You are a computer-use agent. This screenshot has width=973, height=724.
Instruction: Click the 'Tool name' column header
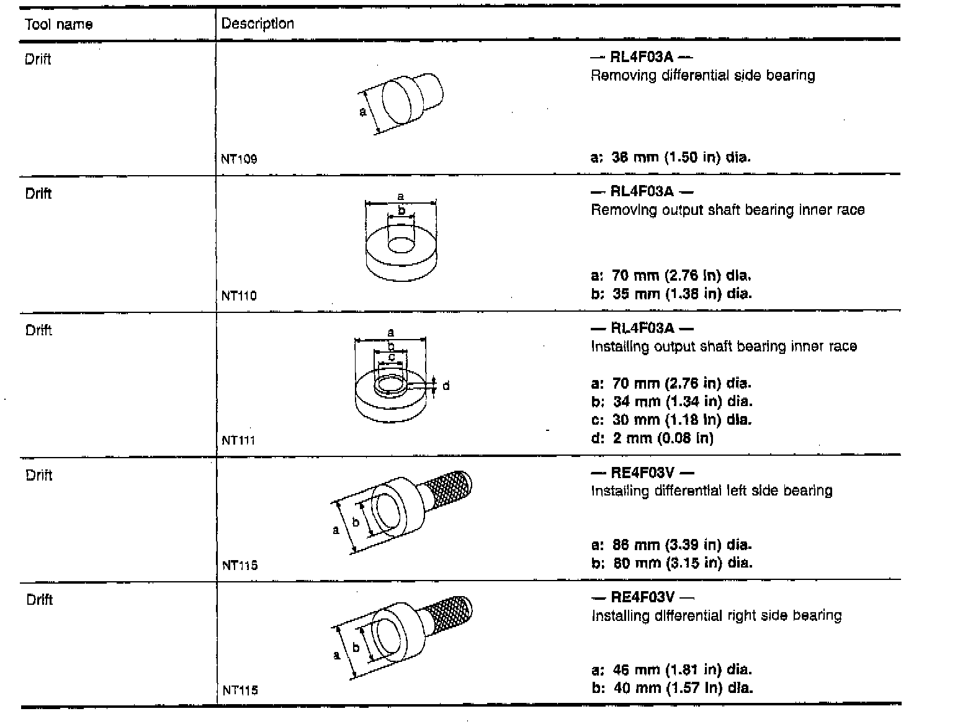point(59,24)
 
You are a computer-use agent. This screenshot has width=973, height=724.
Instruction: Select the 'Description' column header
point(258,24)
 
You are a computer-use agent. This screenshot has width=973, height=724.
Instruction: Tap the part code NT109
point(239,158)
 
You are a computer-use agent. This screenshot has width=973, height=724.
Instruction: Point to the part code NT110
point(239,296)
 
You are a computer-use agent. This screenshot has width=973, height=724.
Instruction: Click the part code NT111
point(239,440)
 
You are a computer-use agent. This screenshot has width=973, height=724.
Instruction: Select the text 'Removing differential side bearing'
point(703,76)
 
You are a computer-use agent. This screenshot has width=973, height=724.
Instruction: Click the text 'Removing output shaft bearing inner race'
point(728,210)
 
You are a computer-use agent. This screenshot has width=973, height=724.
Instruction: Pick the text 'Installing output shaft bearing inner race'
point(724,346)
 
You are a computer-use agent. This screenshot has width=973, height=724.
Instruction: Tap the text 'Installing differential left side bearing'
point(712,491)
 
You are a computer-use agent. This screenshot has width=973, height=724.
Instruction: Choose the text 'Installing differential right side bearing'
point(717,615)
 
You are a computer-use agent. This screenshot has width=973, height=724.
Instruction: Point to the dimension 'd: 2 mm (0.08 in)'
point(652,438)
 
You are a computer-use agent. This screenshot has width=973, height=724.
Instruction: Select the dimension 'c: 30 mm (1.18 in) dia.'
point(671,420)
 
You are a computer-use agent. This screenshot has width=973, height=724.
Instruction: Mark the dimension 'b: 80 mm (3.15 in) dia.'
point(671,563)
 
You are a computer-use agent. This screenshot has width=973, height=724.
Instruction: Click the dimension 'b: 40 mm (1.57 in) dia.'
point(672,687)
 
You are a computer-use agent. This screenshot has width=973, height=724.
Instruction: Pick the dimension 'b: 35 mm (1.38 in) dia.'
point(671,293)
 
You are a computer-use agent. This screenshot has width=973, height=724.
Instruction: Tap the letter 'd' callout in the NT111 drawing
point(446,386)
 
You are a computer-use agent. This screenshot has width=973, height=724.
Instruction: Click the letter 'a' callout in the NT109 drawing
point(363,112)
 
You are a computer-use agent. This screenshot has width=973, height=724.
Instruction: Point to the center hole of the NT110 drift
point(401,245)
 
